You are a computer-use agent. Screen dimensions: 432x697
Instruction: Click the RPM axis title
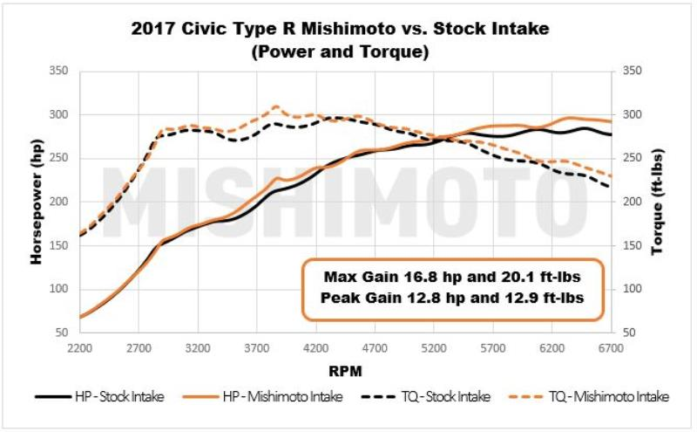346,369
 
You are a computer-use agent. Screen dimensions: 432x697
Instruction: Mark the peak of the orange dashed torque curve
275,106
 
